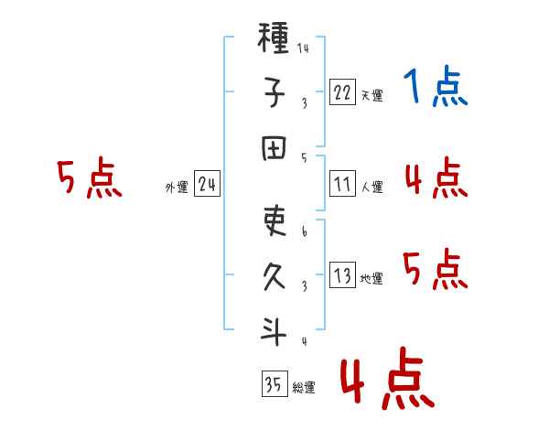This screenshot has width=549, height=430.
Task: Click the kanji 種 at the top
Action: point(274,40)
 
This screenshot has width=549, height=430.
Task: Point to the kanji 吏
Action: point(274,221)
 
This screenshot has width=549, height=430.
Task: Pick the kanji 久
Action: point(274,275)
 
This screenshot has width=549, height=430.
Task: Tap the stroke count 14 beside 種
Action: point(303,49)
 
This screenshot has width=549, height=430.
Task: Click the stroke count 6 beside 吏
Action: point(304,231)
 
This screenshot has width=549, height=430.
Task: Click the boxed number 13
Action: point(342,274)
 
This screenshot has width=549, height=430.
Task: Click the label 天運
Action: point(371,95)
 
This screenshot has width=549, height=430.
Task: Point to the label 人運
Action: point(371,188)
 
